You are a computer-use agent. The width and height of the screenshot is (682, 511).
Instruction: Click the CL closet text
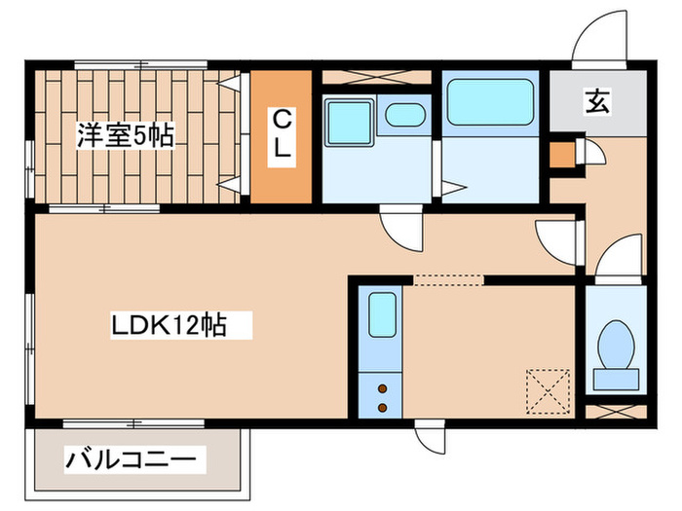[x=282, y=136]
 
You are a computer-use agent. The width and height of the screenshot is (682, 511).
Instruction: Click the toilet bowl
[x=615, y=345]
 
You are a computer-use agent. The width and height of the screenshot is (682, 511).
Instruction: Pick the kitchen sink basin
[x=381, y=314]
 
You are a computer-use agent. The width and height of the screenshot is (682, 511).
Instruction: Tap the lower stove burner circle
[x=382, y=404]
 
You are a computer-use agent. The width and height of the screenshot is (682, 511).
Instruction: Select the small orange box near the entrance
[x=562, y=155]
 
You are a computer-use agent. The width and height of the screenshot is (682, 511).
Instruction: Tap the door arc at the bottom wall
[x=429, y=439]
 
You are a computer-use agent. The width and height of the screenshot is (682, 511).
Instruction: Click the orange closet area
[x=282, y=170]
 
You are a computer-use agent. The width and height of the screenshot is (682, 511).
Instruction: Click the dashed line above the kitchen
[x=448, y=280]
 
